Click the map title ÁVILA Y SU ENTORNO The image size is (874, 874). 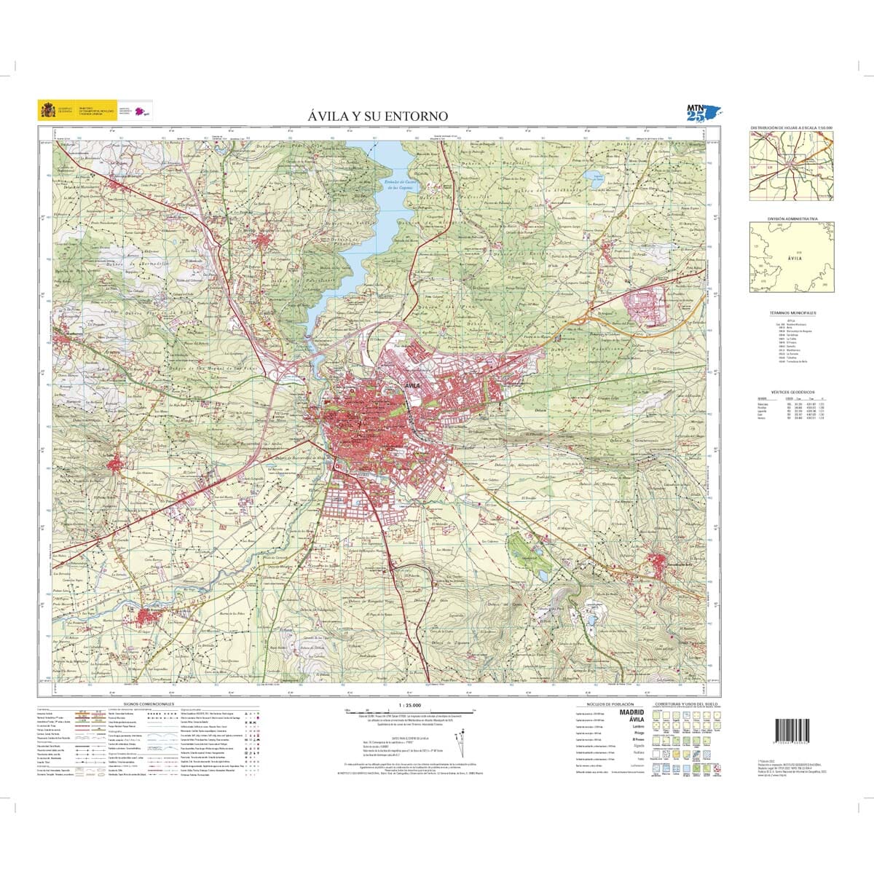click(377, 117)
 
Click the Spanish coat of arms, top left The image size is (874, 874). click(48, 111)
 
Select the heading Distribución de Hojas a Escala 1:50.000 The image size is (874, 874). click(792, 127)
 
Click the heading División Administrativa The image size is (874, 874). click(792, 219)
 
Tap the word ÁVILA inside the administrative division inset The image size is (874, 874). click(795, 257)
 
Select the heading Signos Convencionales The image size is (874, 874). click(149, 705)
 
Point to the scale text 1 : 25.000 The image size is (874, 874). click(411, 705)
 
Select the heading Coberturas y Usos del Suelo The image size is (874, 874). click(686, 705)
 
